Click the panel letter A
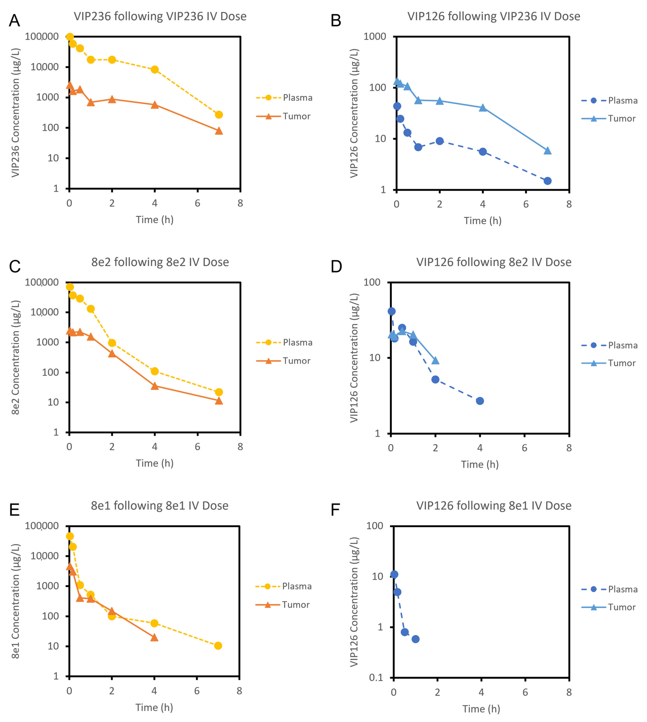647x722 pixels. click(x=14, y=21)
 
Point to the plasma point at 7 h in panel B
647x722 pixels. click(x=547, y=181)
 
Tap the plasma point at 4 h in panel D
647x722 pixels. click(x=480, y=401)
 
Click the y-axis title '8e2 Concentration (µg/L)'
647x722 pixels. click(x=15, y=357)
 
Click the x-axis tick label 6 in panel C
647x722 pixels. click(x=197, y=447)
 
